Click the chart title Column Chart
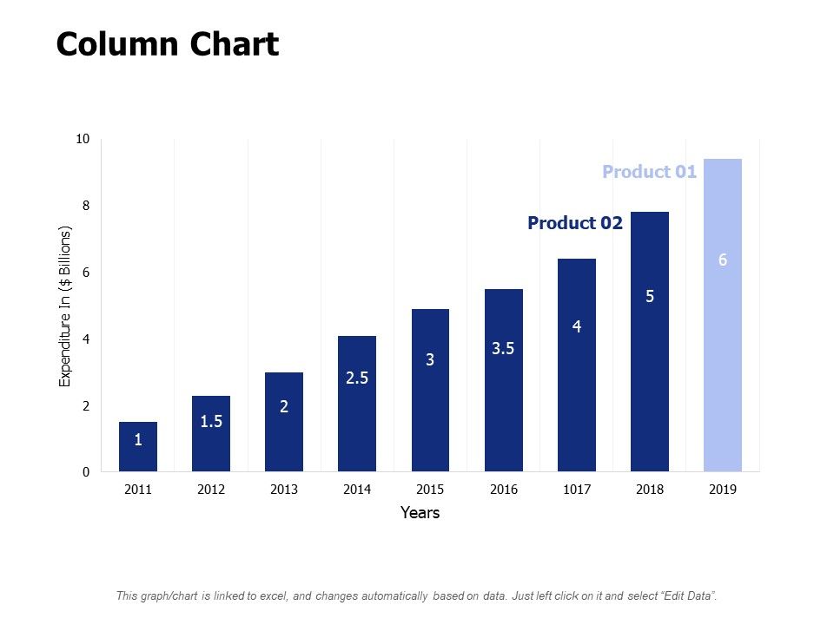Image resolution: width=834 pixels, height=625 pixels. pyautogui.click(x=168, y=44)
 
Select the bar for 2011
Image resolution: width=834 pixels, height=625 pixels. pyautogui.click(x=138, y=447)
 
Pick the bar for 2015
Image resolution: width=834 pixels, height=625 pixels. pyautogui.click(x=430, y=391)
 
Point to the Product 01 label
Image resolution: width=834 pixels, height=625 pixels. pyautogui.click(x=649, y=172)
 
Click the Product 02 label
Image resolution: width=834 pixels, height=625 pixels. pyautogui.click(x=575, y=223)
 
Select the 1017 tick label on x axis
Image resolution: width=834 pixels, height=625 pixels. pyautogui.click(x=576, y=490)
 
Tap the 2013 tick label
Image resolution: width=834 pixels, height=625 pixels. pyautogui.click(x=284, y=490)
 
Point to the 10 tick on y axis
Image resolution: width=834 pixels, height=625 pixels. pyautogui.click(x=83, y=139)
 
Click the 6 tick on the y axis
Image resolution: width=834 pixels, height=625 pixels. pyautogui.click(x=85, y=273)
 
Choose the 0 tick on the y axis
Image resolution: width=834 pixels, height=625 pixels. pyautogui.click(x=85, y=472)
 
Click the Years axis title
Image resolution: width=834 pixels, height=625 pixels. pyautogui.click(x=420, y=513)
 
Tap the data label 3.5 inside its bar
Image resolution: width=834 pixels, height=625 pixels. pyautogui.click(x=503, y=349)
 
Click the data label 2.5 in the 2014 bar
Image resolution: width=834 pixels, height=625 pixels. pyautogui.click(x=357, y=378)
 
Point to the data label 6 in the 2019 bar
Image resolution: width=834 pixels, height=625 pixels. pyautogui.click(x=722, y=260)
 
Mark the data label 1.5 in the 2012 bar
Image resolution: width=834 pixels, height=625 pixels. pyautogui.click(x=211, y=421)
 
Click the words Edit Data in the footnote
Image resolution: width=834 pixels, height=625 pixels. pyautogui.click(x=687, y=595)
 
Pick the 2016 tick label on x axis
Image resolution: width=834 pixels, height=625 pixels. pyautogui.click(x=503, y=490)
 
